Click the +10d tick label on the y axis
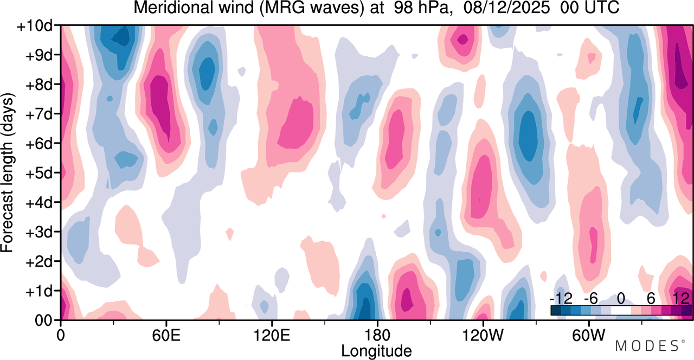point(35,27)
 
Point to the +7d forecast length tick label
point(38,114)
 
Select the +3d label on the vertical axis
point(38,233)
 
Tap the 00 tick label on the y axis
point(43,320)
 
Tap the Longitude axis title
point(376,351)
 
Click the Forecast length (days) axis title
point(8,173)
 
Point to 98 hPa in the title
point(421,8)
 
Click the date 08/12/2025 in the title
point(506,8)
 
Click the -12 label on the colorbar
point(561,299)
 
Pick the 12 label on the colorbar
point(681,299)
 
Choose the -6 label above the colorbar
point(590,299)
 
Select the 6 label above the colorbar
point(651,299)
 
